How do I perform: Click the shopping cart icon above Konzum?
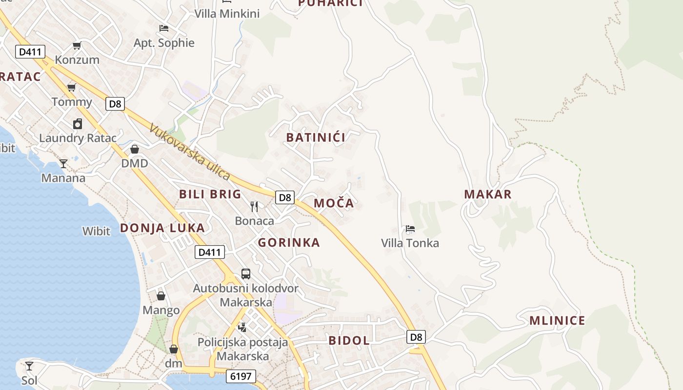coord(77,45)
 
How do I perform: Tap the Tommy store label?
coord(72,102)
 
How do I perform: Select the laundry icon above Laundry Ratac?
coord(78,124)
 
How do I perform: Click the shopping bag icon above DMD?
coord(135,149)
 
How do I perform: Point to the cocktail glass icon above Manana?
coord(63,163)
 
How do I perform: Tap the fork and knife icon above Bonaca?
coord(254,207)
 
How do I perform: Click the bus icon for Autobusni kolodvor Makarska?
coord(246,274)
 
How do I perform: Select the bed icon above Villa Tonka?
coord(410,229)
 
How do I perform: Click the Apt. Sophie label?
coord(164,43)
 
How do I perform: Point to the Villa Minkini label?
coord(227,14)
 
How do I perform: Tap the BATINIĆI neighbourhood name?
coord(316,137)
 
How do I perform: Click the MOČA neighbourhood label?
coord(334,203)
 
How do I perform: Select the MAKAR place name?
coord(488,194)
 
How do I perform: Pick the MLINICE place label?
coord(557,321)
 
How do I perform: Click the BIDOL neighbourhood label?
coord(349,340)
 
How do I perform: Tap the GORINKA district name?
coord(289,242)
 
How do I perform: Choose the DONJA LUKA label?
coord(162,228)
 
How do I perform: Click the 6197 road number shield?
coord(241,376)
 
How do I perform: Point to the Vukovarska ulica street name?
coord(190,152)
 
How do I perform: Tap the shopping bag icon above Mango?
coord(161,296)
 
